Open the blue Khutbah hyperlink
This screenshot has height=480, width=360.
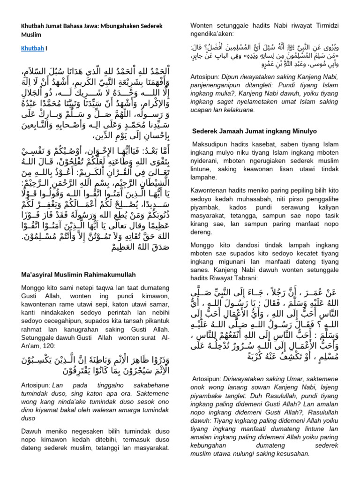click(30, 48)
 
